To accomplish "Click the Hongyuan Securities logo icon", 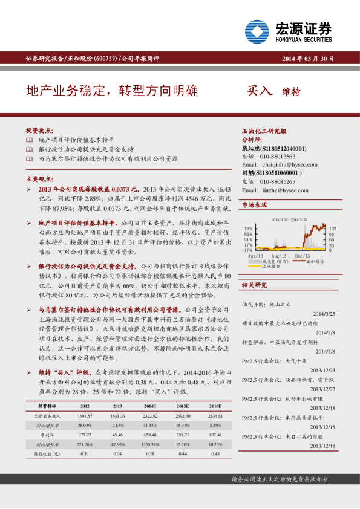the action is click(x=258, y=31).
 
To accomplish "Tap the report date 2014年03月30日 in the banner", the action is click(x=307, y=59).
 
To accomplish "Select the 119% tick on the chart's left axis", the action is click(x=247, y=229).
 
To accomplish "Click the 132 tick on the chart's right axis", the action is click(x=332, y=229).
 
